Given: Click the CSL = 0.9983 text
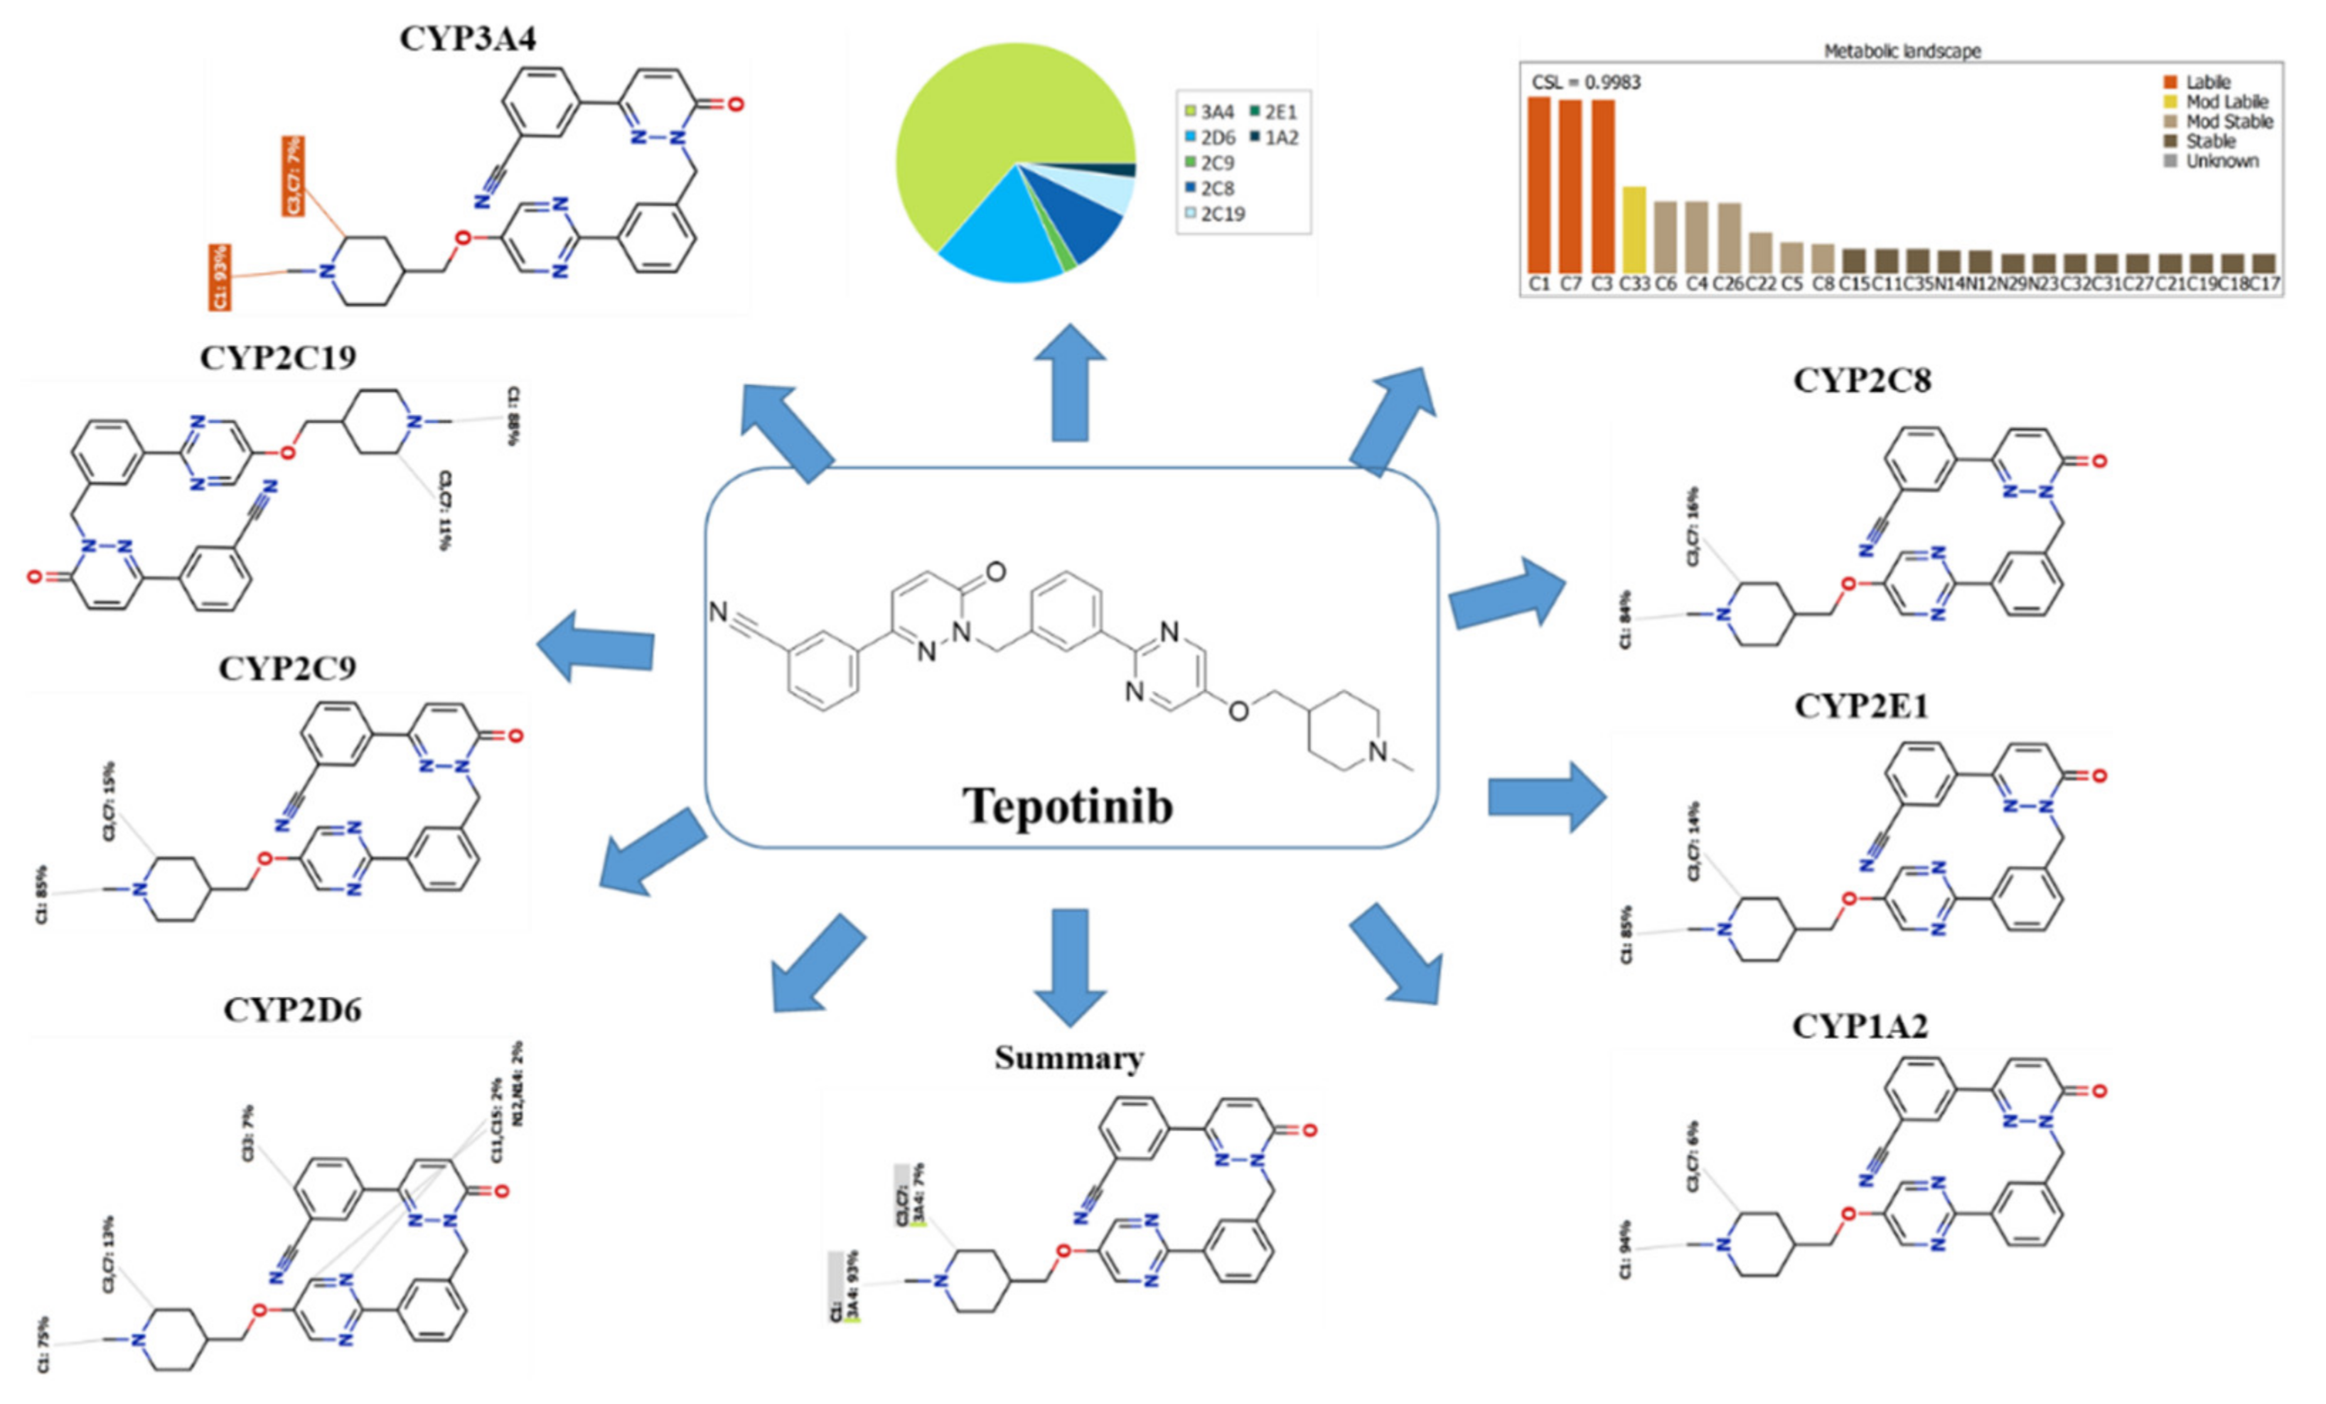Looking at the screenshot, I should click(1586, 82).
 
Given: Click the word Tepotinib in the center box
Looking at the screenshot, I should click(1068, 806).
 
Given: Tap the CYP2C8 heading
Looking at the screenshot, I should click(1862, 380).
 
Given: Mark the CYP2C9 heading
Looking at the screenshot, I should click(287, 668).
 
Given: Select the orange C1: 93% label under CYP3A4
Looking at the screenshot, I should click(220, 277).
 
